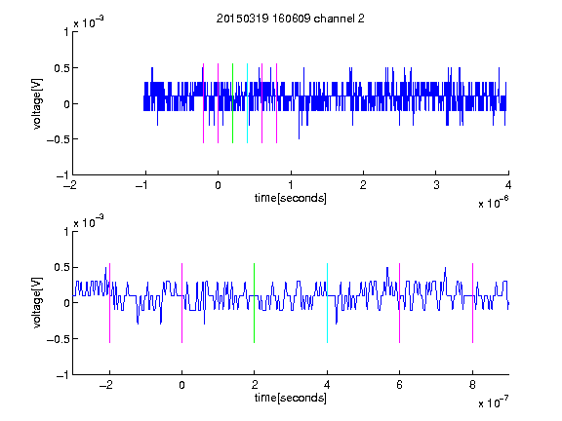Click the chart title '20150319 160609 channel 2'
(x=291, y=19)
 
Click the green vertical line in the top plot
(x=232, y=103)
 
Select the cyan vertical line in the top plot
(x=247, y=103)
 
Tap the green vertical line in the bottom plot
(x=254, y=303)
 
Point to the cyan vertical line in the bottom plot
(x=327, y=303)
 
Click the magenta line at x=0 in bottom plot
(x=182, y=303)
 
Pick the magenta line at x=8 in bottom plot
(x=472, y=303)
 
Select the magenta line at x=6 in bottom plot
(x=400, y=303)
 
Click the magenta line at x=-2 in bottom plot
(x=109, y=303)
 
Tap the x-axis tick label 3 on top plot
(x=436, y=185)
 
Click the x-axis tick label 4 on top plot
(x=508, y=185)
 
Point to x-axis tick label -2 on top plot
(x=70, y=185)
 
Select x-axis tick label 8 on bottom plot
(x=472, y=385)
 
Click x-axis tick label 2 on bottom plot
(x=255, y=385)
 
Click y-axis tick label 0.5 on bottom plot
(x=60, y=267)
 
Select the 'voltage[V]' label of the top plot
(x=37, y=103)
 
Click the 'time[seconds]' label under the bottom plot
(x=291, y=398)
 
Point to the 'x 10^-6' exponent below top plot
(x=494, y=203)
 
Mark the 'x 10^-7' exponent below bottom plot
(x=494, y=402)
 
